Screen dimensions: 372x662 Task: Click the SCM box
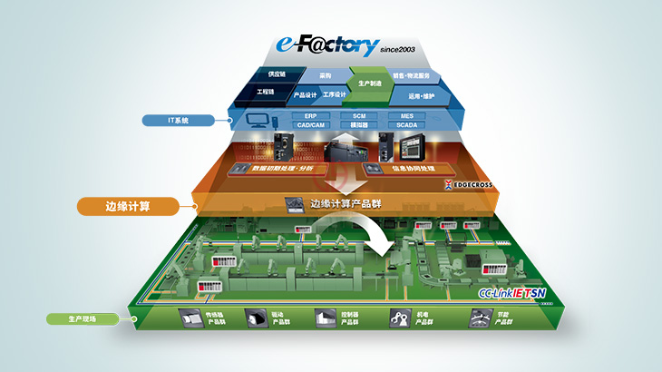[354, 116]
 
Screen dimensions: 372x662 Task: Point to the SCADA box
[405, 125]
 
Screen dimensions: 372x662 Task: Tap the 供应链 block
[264, 75]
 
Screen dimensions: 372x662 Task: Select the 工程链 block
[266, 93]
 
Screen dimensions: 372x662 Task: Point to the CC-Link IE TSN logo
[512, 294]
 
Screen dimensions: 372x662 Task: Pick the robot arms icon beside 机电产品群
[400, 318]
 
